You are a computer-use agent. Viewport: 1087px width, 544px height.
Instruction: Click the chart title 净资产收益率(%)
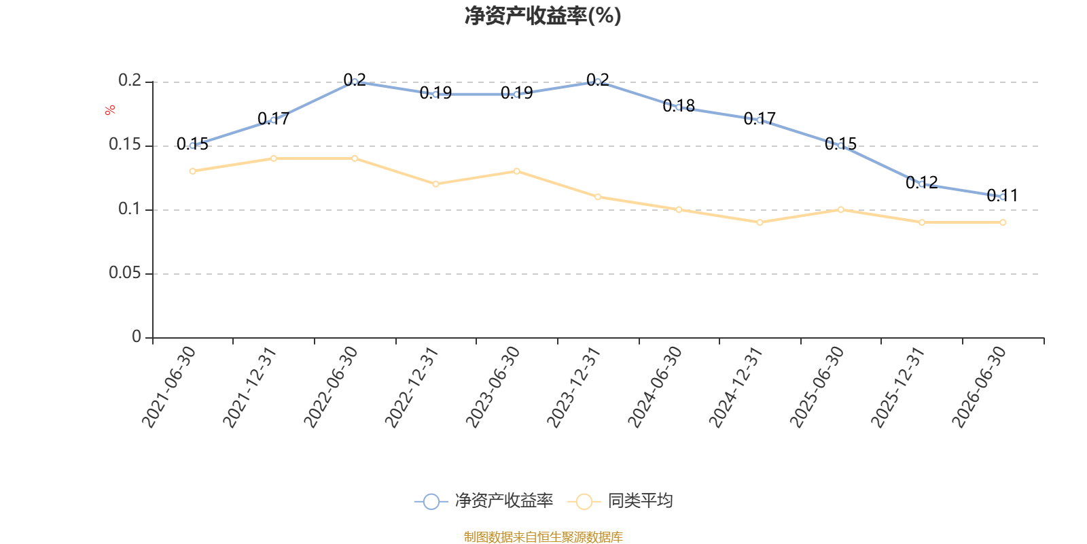point(543,16)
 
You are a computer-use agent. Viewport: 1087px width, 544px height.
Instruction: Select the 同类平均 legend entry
point(620,500)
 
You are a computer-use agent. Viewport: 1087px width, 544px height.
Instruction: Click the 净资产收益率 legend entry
point(484,500)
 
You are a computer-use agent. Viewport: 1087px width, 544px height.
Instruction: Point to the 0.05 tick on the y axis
point(125,273)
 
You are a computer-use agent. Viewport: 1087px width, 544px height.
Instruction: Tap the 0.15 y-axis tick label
point(125,145)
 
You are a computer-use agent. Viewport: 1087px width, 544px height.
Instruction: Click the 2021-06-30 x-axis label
point(168,387)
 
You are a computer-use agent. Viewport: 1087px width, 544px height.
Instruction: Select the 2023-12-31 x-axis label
point(573,387)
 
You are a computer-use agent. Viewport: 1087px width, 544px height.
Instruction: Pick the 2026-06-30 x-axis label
point(979,387)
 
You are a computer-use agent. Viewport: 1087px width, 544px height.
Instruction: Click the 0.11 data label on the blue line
point(1003,196)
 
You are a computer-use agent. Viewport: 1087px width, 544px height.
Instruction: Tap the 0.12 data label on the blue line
point(921,183)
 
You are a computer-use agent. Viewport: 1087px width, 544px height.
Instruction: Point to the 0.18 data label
point(679,106)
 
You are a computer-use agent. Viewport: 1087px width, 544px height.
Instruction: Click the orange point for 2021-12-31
point(274,158)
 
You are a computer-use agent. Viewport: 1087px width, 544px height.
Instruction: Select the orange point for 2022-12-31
point(435,184)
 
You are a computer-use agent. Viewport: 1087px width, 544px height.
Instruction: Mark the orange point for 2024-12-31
point(760,222)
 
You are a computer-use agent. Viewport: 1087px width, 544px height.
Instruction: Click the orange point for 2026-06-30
point(1003,222)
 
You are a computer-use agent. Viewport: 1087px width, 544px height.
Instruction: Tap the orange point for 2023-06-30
point(517,171)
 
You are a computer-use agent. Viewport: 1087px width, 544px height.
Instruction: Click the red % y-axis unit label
point(110,110)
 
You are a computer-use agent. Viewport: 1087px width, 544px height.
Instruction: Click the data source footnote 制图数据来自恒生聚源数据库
point(543,537)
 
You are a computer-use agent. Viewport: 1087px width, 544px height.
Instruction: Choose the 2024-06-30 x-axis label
point(655,387)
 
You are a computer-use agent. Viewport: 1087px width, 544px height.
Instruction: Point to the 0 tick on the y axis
point(137,337)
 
